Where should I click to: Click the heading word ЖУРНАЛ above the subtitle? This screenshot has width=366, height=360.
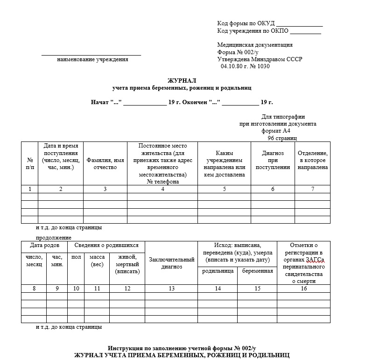click(182, 80)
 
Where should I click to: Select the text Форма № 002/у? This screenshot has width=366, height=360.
click(238, 52)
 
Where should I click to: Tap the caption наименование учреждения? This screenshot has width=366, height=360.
click(92, 59)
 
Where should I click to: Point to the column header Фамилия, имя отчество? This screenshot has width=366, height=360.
click(105, 163)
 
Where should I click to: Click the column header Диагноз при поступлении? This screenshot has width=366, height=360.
click(273, 160)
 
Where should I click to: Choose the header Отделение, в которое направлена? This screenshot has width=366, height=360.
click(312, 160)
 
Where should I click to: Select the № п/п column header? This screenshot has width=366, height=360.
click(30, 163)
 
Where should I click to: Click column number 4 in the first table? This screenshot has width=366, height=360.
click(162, 189)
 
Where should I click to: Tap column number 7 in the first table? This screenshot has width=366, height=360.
click(312, 189)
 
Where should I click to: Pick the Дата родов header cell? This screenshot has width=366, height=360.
click(44, 245)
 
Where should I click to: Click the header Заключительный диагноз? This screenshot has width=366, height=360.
click(171, 263)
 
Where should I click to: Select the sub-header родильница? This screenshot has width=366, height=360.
click(218, 271)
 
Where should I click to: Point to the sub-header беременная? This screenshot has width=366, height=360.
click(257, 271)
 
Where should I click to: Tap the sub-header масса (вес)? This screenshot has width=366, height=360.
click(97, 261)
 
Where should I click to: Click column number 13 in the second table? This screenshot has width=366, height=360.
click(171, 289)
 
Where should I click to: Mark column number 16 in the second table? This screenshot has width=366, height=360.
click(303, 289)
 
